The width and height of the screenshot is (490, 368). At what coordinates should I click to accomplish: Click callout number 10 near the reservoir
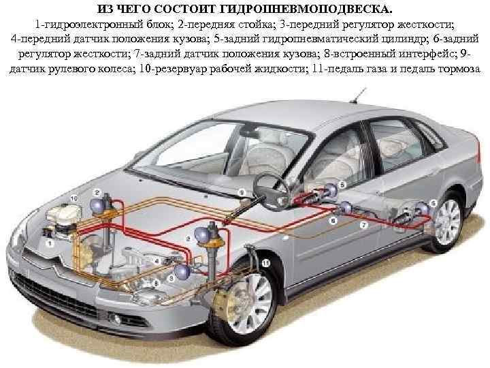73,196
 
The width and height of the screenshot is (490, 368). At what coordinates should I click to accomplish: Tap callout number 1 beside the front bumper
48,242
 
